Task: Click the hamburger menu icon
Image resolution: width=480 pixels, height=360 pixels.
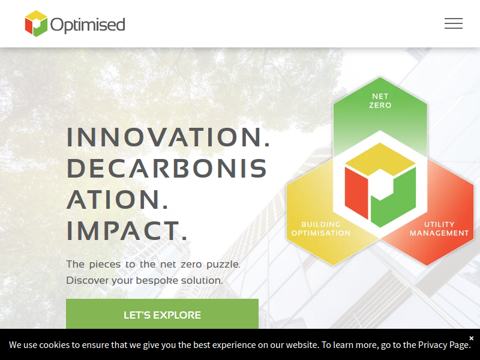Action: [x=454, y=23]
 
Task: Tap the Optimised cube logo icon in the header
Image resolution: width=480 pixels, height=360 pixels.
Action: [x=36, y=23]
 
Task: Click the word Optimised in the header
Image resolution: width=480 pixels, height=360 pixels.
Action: [x=88, y=25]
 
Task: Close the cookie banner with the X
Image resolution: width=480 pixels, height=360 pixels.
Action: [x=472, y=338]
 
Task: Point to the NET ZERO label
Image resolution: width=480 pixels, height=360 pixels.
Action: [x=380, y=101]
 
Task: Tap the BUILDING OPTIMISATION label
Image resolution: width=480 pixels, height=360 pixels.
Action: [x=321, y=229]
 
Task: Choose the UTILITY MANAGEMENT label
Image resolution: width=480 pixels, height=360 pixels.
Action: [x=439, y=229]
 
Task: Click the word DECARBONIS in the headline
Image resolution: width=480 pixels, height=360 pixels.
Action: [x=167, y=168]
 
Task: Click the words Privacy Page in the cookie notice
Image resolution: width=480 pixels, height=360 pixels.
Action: [x=444, y=345]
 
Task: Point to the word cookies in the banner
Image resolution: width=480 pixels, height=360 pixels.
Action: [x=55, y=345]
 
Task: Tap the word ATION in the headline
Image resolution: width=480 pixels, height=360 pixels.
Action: [x=117, y=199]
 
